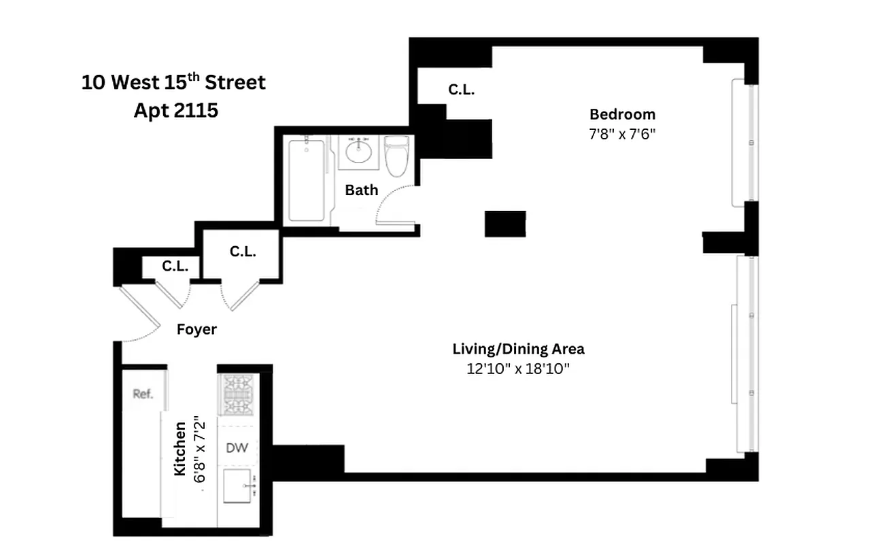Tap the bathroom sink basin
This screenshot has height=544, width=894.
click(356, 150)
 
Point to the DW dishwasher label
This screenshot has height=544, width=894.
click(237, 447)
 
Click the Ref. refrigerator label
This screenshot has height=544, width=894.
click(143, 394)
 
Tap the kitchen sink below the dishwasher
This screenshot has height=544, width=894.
click(239, 485)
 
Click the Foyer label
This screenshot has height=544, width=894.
click(196, 330)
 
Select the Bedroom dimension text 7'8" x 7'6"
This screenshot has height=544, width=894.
click(622, 134)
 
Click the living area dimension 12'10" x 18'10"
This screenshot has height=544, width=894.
click(518, 369)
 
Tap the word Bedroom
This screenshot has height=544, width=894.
click(622, 114)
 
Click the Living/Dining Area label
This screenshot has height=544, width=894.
click(518, 350)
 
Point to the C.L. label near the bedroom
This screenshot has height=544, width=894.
click(461, 90)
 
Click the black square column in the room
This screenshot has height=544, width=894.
click(504, 224)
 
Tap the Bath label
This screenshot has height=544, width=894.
click(361, 190)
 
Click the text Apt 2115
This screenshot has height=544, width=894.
click(175, 110)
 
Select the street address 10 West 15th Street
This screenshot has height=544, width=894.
click(173, 83)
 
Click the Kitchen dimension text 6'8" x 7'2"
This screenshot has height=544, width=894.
click(199, 449)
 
